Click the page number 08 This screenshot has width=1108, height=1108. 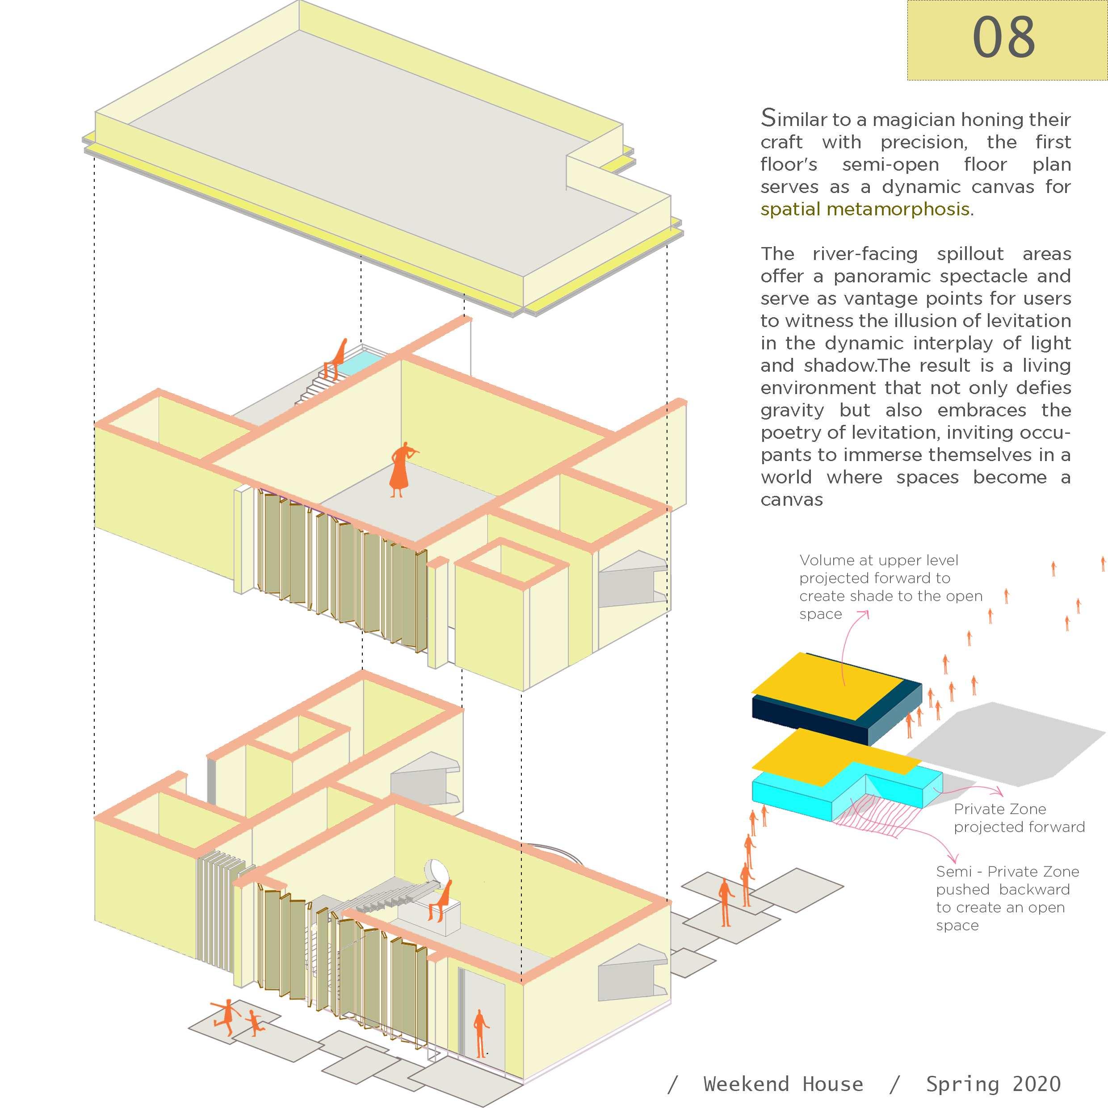tap(1003, 37)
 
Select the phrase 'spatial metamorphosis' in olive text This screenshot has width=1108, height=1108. tap(865, 210)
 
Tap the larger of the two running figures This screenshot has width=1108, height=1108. tap(225, 1017)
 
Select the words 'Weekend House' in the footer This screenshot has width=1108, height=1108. tap(783, 1084)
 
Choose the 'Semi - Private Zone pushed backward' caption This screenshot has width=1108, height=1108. tap(1007, 898)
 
